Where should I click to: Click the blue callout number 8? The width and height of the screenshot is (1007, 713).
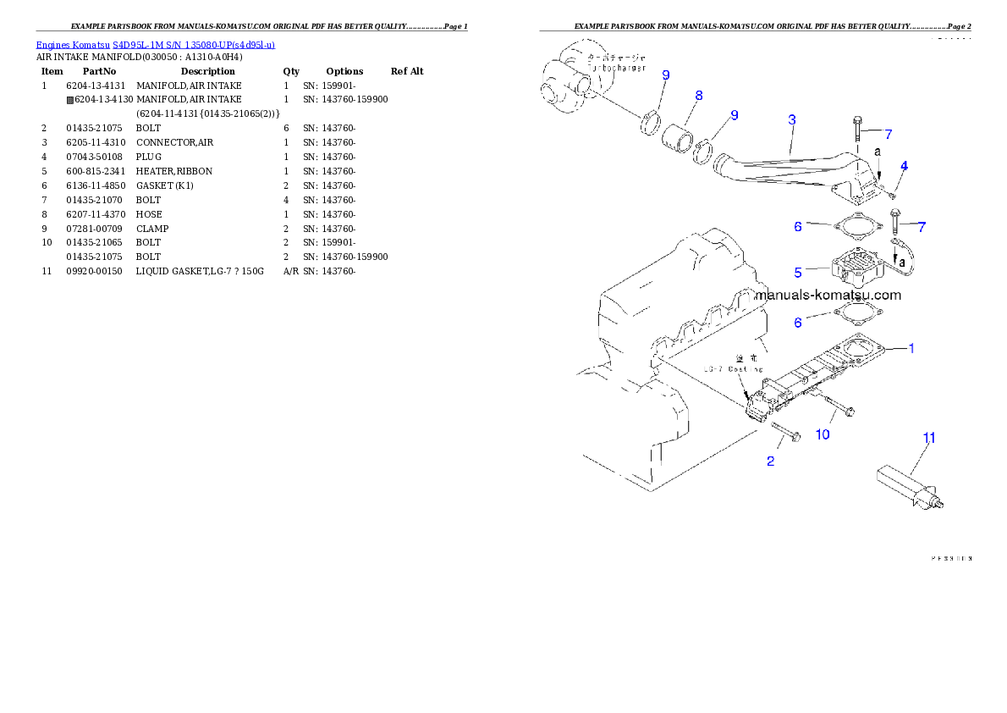[698, 96]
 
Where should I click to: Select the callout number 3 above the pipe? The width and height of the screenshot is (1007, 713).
[791, 120]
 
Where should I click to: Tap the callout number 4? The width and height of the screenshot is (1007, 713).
[904, 166]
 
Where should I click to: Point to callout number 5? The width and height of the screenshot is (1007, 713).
[797, 273]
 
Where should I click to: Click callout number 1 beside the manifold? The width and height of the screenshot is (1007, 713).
[911, 348]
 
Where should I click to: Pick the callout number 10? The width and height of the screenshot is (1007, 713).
[822, 434]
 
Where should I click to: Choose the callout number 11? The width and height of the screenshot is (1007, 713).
[929, 438]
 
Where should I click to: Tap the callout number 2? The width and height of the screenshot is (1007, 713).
[770, 462]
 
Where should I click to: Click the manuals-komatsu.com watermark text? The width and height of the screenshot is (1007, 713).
[828, 296]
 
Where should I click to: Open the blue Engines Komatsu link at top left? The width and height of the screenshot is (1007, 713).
[155, 44]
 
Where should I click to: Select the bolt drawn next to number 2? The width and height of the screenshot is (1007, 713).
[786, 432]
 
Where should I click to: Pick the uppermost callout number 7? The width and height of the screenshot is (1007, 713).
[888, 134]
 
